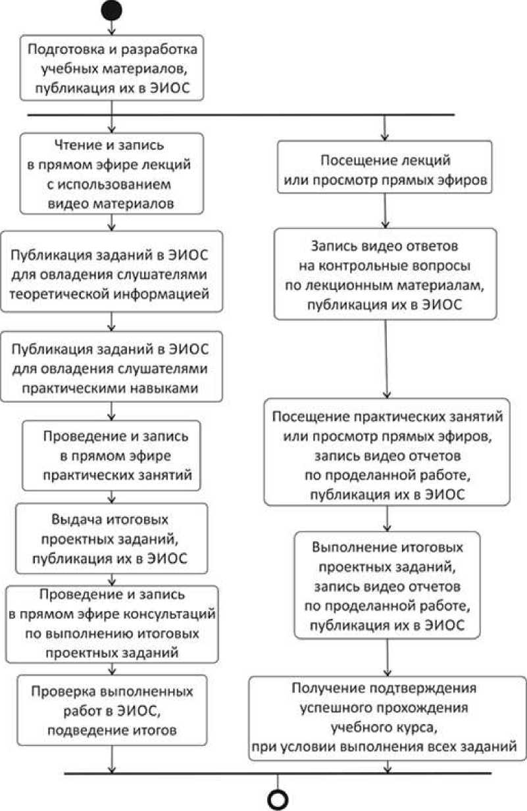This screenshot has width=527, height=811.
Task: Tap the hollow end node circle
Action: pyautogui.click(x=276, y=799)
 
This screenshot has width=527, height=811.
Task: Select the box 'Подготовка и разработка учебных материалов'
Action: pyautogui.click(x=112, y=68)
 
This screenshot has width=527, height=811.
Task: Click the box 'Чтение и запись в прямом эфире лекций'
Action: pyautogui.click(x=112, y=173)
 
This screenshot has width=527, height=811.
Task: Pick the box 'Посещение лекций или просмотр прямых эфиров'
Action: pyautogui.click(x=385, y=169)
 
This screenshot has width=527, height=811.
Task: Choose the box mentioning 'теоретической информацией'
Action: pyautogui.click(x=112, y=270)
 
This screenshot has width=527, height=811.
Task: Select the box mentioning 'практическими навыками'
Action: pyautogui.click(x=112, y=366)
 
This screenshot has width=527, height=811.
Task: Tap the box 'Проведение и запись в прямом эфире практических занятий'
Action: pyautogui.click(x=111, y=454)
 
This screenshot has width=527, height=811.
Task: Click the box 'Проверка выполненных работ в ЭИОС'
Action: pyautogui.click(x=111, y=710)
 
